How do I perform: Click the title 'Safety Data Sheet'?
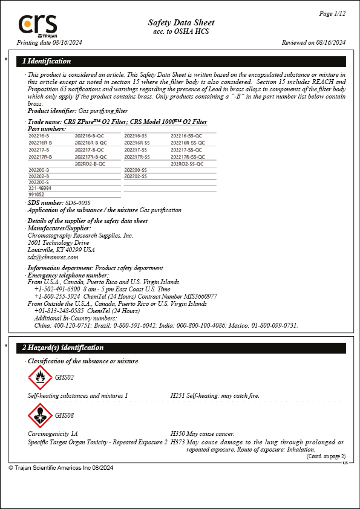point(181,22)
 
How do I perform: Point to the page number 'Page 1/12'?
point(332,13)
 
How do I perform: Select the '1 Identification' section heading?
point(47,61)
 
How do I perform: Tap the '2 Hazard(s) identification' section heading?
point(63,348)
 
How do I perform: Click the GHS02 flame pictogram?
point(40,378)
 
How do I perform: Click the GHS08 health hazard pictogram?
point(40,416)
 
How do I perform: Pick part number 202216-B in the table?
point(39,136)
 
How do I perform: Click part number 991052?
point(36,195)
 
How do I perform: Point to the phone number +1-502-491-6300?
point(59,289)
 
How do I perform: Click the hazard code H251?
point(178,395)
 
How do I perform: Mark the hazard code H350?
point(178,434)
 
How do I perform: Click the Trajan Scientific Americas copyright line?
point(61,468)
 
